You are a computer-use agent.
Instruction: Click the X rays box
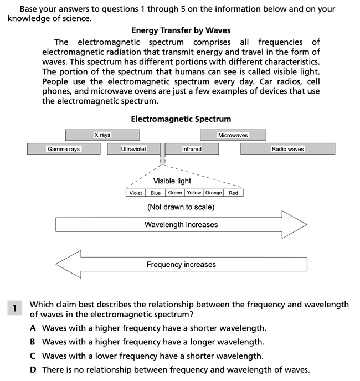(x=102, y=135)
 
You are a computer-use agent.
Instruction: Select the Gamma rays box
(x=64, y=149)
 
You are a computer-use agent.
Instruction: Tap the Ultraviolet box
(x=133, y=149)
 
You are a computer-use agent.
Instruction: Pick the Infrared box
(x=192, y=149)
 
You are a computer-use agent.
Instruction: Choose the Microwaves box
(x=233, y=135)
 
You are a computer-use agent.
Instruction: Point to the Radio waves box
(x=288, y=149)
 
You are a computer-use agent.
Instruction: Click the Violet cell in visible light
(x=136, y=193)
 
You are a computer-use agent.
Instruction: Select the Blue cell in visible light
(x=155, y=193)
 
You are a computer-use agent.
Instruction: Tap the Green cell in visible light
(x=175, y=193)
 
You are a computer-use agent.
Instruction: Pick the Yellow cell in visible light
(x=194, y=193)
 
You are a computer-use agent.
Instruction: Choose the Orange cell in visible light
(x=214, y=193)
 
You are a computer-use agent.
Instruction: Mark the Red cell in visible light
(x=233, y=193)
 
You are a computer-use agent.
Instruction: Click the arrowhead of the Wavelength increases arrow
(x=307, y=225)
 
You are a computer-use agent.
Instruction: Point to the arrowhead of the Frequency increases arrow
(x=56, y=264)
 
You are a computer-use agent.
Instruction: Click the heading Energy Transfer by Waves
(x=181, y=30)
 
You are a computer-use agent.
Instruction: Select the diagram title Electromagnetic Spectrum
(x=181, y=119)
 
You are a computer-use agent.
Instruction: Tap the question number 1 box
(x=14, y=308)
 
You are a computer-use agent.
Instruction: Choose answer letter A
(x=33, y=328)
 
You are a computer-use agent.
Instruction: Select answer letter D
(x=33, y=370)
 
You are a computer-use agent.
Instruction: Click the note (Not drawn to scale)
(x=181, y=207)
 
